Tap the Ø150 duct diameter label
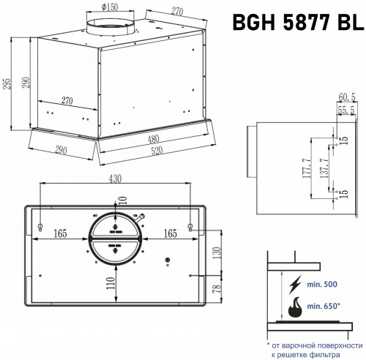110,8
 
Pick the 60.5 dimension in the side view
346,97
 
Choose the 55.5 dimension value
346,109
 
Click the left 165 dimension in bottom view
60,234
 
